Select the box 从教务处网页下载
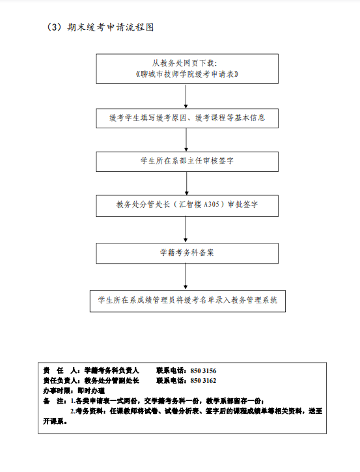point(187,69)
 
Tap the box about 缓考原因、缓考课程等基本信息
point(187,118)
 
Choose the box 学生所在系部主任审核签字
point(187,161)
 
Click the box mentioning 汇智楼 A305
point(187,206)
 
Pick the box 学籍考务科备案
point(187,253)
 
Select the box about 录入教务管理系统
point(187,301)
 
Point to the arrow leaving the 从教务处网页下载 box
point(186,96)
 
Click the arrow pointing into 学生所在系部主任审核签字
point(186,140)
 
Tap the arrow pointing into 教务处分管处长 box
point(187,184)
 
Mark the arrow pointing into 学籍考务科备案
point(186,230)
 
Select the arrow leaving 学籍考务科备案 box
point(186,277)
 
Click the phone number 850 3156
point(203,371)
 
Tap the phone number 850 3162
point(203,381)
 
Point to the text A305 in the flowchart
point(212,204)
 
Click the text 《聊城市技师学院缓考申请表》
point(187,74)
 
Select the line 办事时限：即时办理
point(74,391)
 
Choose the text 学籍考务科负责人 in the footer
point(111,371)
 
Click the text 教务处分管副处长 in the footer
point(111,381)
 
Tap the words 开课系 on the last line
point(53,421)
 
